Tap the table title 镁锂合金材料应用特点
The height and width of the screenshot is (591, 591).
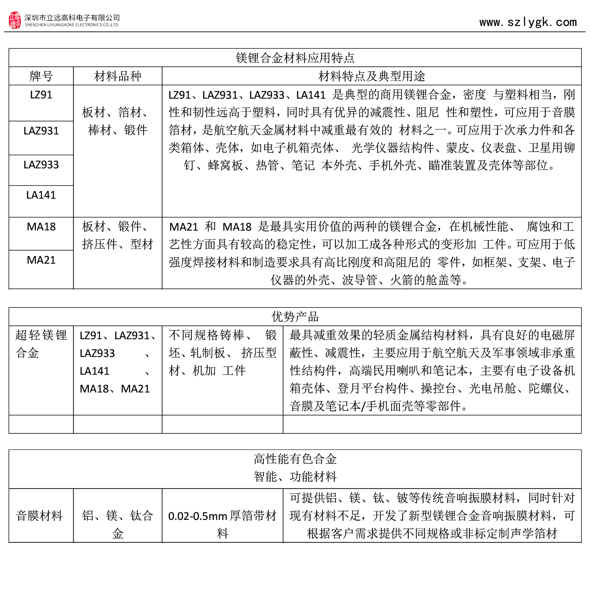point(295,58)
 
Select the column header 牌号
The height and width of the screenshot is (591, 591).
point(41,76)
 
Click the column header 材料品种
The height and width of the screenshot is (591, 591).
point(117,76)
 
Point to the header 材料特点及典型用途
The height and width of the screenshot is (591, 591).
point(371,76)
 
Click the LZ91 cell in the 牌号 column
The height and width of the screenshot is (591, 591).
point(41,95)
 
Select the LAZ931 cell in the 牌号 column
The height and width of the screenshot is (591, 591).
point(41,131)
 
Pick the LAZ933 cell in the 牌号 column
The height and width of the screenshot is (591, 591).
point(41,165)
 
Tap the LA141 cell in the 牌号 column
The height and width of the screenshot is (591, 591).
point(41,195)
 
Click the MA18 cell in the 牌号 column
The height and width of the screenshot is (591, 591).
point(41,227)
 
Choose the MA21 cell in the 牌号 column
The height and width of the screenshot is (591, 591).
point(41,260)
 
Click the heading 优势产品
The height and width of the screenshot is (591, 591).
point(295,317)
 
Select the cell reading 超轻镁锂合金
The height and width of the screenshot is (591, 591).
point(41,344)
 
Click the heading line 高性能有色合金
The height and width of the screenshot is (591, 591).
point(295,459)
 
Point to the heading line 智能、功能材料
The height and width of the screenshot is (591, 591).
point(295,477)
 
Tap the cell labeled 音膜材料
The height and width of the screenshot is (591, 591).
point(39,516)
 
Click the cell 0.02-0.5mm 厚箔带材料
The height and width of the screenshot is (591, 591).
point(222,524)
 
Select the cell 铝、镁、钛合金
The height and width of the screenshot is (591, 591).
point(117,524)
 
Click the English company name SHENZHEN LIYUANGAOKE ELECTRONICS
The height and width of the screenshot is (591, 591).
point(71,25)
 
